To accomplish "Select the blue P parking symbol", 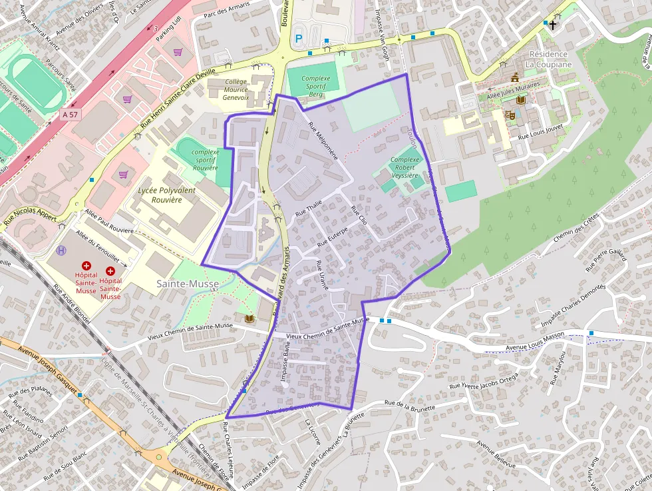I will (298, 39).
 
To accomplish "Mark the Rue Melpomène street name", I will (323, 141).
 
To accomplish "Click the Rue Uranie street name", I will (322, 274).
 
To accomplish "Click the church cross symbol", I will (554, 24).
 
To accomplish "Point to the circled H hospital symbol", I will (62, 250).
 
